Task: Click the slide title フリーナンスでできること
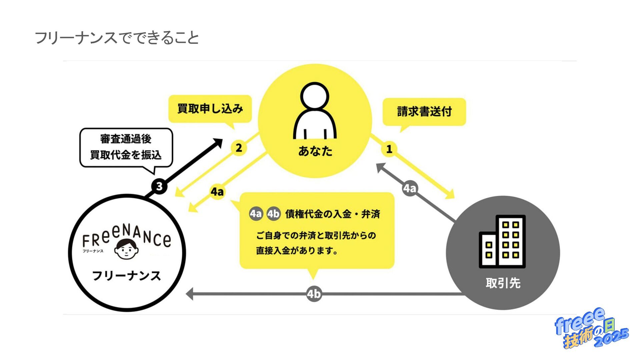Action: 117,38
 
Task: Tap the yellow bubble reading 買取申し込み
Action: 210,109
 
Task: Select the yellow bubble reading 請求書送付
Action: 424,112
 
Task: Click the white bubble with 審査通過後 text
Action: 126,147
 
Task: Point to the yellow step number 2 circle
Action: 239,148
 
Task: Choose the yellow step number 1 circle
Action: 389,149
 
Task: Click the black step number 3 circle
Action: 159,186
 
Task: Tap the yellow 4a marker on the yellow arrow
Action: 217,192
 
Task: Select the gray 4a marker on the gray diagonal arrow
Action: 410,188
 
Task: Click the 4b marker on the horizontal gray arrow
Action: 314,294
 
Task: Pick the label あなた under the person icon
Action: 315,151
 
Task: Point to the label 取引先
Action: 503,283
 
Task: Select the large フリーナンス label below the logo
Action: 126,276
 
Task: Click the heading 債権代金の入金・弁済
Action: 332,214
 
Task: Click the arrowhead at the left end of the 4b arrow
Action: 190,294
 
